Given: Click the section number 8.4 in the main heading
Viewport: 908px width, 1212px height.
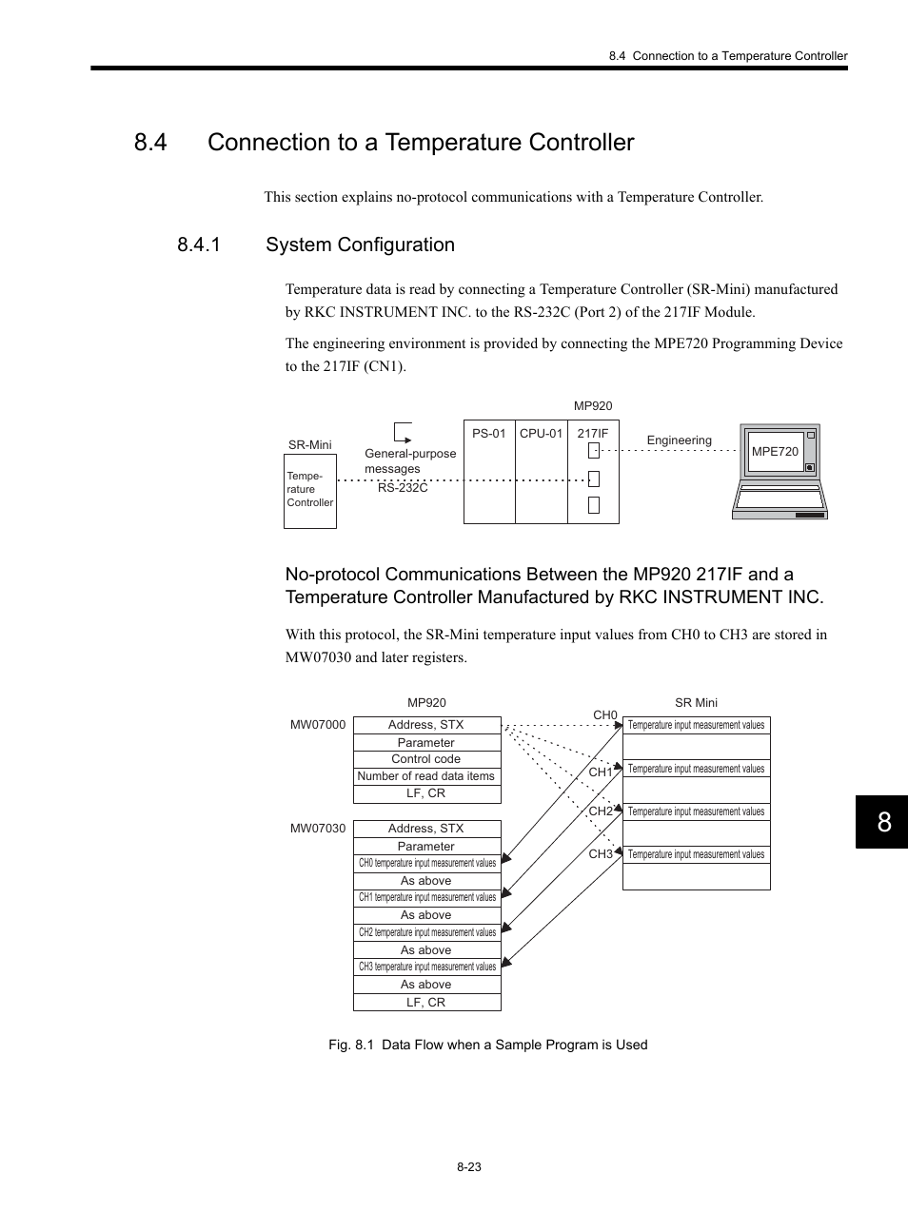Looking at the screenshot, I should [x=151, y=143].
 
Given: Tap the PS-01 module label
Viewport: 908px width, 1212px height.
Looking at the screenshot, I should [x=488, y=434].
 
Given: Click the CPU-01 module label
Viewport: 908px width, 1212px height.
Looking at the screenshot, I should [x=541, y=434].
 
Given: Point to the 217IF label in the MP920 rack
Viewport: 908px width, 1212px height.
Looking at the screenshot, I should [x=592, y=434].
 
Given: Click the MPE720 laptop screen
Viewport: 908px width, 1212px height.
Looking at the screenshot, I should [x=775, y=452].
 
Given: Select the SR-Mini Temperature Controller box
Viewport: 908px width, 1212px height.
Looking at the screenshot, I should [x=310, y=491].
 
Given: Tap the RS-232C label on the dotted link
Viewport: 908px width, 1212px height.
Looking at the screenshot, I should [x=403, y=488].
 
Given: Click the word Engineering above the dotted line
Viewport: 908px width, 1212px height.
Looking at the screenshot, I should [x=679, y=440].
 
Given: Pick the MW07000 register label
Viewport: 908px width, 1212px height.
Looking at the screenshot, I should [x=318, y=725].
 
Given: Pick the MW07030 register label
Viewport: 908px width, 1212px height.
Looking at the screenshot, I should [x=318, y=829].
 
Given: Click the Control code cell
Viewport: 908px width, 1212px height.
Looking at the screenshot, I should [x=426, y=759].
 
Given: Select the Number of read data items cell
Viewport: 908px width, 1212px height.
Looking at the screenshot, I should [x=426, y=776].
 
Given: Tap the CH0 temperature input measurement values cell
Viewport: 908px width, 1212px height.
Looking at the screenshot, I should [x=426, y=863].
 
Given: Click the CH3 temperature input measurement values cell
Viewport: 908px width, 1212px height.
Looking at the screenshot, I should [x=426, y=967].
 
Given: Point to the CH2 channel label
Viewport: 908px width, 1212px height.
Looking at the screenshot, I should [x=601, y=811].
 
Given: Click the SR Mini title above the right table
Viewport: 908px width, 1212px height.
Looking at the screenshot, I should [x=696, y=703].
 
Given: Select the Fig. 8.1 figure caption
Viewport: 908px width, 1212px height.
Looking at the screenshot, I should [x=487, y=1045].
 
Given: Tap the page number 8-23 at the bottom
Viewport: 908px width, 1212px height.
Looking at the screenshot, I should [x=468, y=1167].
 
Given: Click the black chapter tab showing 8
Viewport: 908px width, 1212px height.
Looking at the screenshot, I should [x=883, y=822].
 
